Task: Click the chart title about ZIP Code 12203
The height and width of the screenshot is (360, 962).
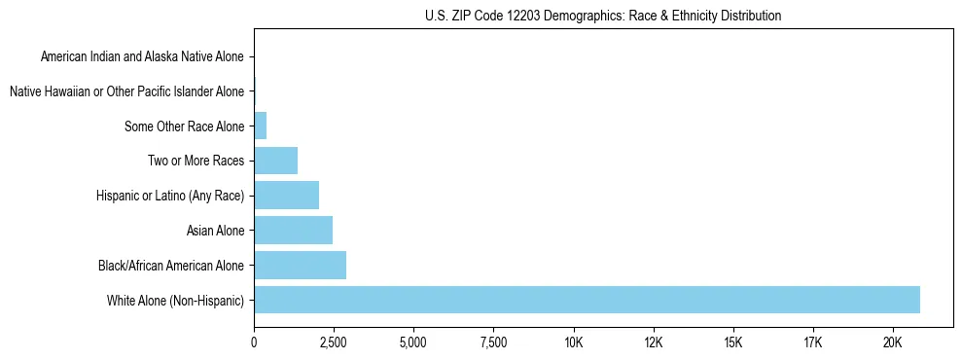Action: point(603,16)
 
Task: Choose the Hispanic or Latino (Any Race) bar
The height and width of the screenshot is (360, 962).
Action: point(286,196)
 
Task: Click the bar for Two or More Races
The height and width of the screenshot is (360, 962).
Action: point(275,161)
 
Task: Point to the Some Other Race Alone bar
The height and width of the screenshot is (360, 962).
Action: point(260,126)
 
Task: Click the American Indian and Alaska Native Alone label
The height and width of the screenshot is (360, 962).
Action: point(142,56)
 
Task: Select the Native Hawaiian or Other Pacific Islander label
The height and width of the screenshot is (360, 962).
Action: point(126,91)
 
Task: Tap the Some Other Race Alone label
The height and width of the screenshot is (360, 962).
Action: point(185,126)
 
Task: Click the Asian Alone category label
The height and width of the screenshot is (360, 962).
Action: point(215,231)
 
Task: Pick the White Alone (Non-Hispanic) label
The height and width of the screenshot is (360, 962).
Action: point(176,301)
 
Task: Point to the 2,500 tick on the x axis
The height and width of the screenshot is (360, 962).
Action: point(334,342)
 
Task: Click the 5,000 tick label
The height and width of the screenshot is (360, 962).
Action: point(413,342)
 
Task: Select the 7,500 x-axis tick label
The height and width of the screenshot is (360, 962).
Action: point(493,342)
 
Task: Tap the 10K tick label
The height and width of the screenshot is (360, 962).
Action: point(573,342)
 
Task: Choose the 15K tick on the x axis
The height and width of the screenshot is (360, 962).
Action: point(733,342)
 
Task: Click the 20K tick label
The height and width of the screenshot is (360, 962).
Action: point(893,342)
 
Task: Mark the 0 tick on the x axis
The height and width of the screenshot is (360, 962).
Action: point(254,342)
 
